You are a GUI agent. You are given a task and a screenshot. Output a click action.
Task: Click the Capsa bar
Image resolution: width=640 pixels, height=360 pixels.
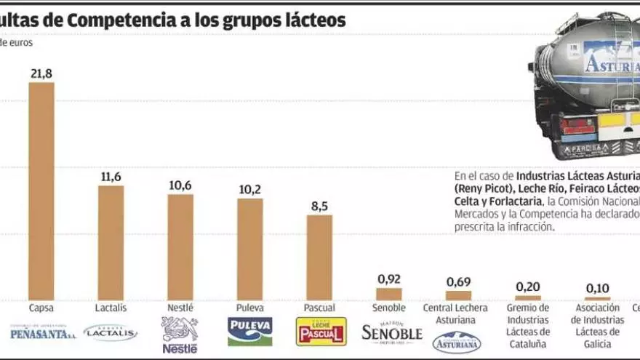pos(41,191)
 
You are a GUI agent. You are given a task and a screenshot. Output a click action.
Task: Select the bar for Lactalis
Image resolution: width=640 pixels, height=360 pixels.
pos(111,242)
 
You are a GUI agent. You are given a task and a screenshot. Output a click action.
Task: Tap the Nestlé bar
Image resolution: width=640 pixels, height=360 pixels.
pos(180,247)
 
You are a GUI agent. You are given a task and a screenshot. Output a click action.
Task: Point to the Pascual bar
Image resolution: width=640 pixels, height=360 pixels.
pos(319,257)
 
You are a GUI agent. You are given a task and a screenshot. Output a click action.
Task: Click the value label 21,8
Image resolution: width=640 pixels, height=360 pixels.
pos(41,73)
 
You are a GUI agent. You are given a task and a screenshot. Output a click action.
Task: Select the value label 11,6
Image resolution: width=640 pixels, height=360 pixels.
pos(111,177)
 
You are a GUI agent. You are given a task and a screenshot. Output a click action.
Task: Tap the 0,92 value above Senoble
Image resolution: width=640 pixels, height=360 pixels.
pos(389,279)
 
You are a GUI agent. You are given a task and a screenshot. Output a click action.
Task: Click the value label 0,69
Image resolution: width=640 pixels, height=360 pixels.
pos(458,281)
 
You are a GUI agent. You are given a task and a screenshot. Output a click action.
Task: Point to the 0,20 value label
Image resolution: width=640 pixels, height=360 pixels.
pos(528,287)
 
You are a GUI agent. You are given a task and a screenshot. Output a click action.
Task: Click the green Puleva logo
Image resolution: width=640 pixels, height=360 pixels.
pos(250,331)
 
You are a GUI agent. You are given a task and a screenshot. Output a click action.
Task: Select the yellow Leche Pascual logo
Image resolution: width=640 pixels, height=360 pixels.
pos(320,331)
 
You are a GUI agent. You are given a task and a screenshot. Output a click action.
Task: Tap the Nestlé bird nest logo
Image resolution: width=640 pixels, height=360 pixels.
pos(180,335)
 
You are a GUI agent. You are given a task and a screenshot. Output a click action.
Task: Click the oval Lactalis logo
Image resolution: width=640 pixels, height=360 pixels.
pos(111,332)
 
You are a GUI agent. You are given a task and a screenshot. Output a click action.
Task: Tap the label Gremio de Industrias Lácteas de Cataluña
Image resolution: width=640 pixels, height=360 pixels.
pos(528,325)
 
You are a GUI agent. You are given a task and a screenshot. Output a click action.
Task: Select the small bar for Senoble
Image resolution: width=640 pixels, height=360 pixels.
pos(389,293)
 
